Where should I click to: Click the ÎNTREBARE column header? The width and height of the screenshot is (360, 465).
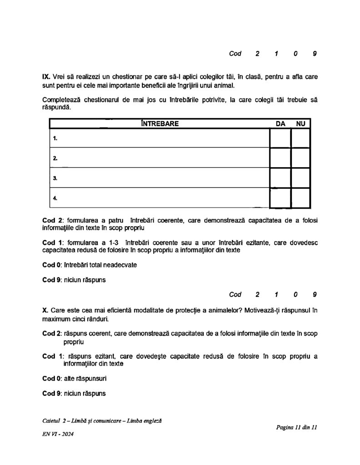160,123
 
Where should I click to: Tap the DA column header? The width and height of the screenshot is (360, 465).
280,123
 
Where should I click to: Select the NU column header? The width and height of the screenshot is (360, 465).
300,123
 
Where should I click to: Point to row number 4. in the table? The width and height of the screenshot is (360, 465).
55,198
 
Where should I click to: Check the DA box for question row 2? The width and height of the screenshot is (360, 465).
280,158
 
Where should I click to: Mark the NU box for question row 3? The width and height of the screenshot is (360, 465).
300,178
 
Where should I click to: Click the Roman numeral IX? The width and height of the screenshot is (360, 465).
46,77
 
